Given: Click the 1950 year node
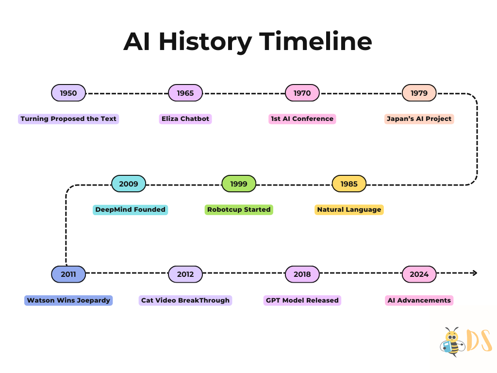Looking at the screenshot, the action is coord(68,93).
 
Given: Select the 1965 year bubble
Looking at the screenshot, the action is coord(185,93).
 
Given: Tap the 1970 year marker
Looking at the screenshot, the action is coord(302,93).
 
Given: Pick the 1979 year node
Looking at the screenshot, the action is coord(419,93).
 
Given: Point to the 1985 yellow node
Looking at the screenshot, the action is coord(349,184).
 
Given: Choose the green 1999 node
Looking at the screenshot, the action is coord(239,184).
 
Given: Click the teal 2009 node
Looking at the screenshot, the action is coord(129,184).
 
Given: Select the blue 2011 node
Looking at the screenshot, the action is coord(68,274).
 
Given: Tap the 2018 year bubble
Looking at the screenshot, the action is coord(302,274).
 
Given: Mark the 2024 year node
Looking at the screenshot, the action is coord(419,274).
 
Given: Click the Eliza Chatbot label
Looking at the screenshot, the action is coord(185,119).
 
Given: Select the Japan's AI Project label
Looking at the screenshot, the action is coord(419,119).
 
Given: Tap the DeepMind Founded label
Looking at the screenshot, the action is coord(130,210).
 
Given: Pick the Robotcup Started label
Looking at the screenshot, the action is coord(239,210).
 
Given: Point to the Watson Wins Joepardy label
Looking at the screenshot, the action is coord(68,301).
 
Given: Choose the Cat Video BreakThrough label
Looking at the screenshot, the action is coord(185,301).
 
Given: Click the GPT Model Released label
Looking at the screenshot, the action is coord(302,301).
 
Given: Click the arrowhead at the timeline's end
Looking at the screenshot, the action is coord(475,273).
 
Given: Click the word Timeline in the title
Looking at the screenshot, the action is coord(315,42).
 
